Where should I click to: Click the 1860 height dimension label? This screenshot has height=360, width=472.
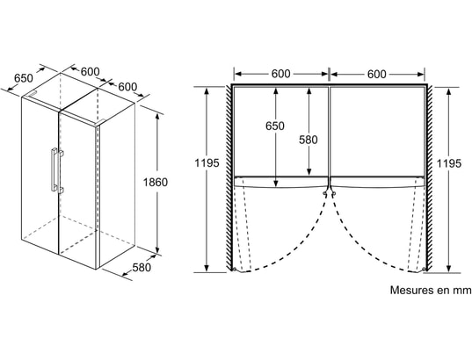pyautogui.click(x=155, y=183)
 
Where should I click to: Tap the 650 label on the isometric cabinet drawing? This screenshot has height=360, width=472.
pyautogui.click(x=24, y=78)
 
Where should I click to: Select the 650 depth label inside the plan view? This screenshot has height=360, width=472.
pyautogui.click(x=275, y=126)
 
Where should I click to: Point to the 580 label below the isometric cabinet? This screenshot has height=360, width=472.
pyautogui.click(x=142, y=268)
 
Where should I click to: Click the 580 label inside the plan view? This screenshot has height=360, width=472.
pyautogui.click(x=309, y=140)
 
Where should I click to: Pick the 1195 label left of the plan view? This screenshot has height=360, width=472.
pyautogui.click(x=207, y=163)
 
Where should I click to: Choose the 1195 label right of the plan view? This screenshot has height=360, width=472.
pyautogui.click(x=449, y=163)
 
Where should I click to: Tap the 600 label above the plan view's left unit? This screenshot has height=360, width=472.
pyautogui.click(x=281, y=74)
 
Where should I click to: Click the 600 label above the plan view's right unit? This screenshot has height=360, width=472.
pyautogui.click(x=376, y=74)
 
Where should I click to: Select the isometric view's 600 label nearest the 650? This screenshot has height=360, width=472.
pyautogui.click(x=90, y=72)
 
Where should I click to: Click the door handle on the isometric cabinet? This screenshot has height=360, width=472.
pyautogui.click(x=55, y=170)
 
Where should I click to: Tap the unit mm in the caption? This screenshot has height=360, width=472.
pyautogui.click(x=463, y=291)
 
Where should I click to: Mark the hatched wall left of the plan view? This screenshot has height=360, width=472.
pyautogui.click(x=229, y=177)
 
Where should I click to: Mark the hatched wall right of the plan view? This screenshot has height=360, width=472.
pyautogui.click(x=430, y=177)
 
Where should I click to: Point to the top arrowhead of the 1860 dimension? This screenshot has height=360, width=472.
pyautogui.click(x=156, y=117)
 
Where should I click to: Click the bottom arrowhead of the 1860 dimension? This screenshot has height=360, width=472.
pyautogui.click(x=156, y=250)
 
